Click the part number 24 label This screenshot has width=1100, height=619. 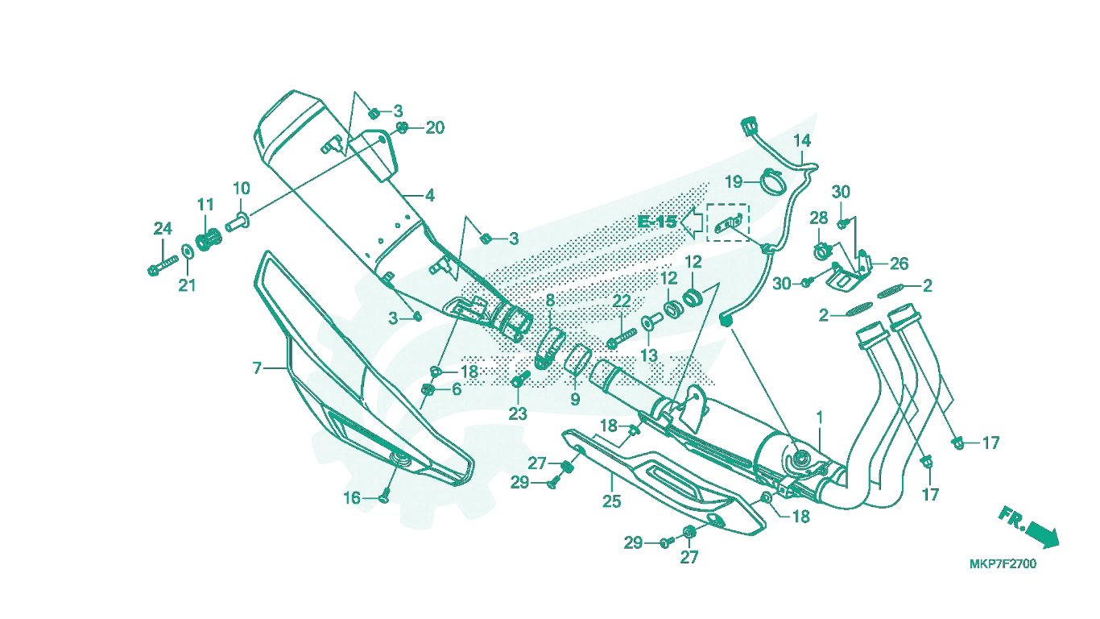(163, 229)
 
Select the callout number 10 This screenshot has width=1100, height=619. (241, 189)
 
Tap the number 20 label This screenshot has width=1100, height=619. (435, 128)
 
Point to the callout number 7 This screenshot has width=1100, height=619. (257, 368)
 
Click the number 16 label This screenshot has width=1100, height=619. (352, 499)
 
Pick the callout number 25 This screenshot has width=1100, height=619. (612, 501)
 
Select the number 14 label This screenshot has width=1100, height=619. (802, 141)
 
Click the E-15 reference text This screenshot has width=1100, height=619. (657, 222)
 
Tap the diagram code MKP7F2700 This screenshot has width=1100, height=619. (1003, 564)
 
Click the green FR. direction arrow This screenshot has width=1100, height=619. (1041, 535)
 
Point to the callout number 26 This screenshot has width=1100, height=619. (899, 264)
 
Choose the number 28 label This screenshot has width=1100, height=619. (819, 218)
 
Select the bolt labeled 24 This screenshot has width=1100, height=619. (163, 265)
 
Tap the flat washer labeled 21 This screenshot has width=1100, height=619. (187, 251)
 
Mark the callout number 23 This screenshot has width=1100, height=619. (518, 414)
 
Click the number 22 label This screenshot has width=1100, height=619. (621, 301)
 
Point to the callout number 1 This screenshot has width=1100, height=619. (819, 418)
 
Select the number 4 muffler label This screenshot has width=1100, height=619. (430, 196)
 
